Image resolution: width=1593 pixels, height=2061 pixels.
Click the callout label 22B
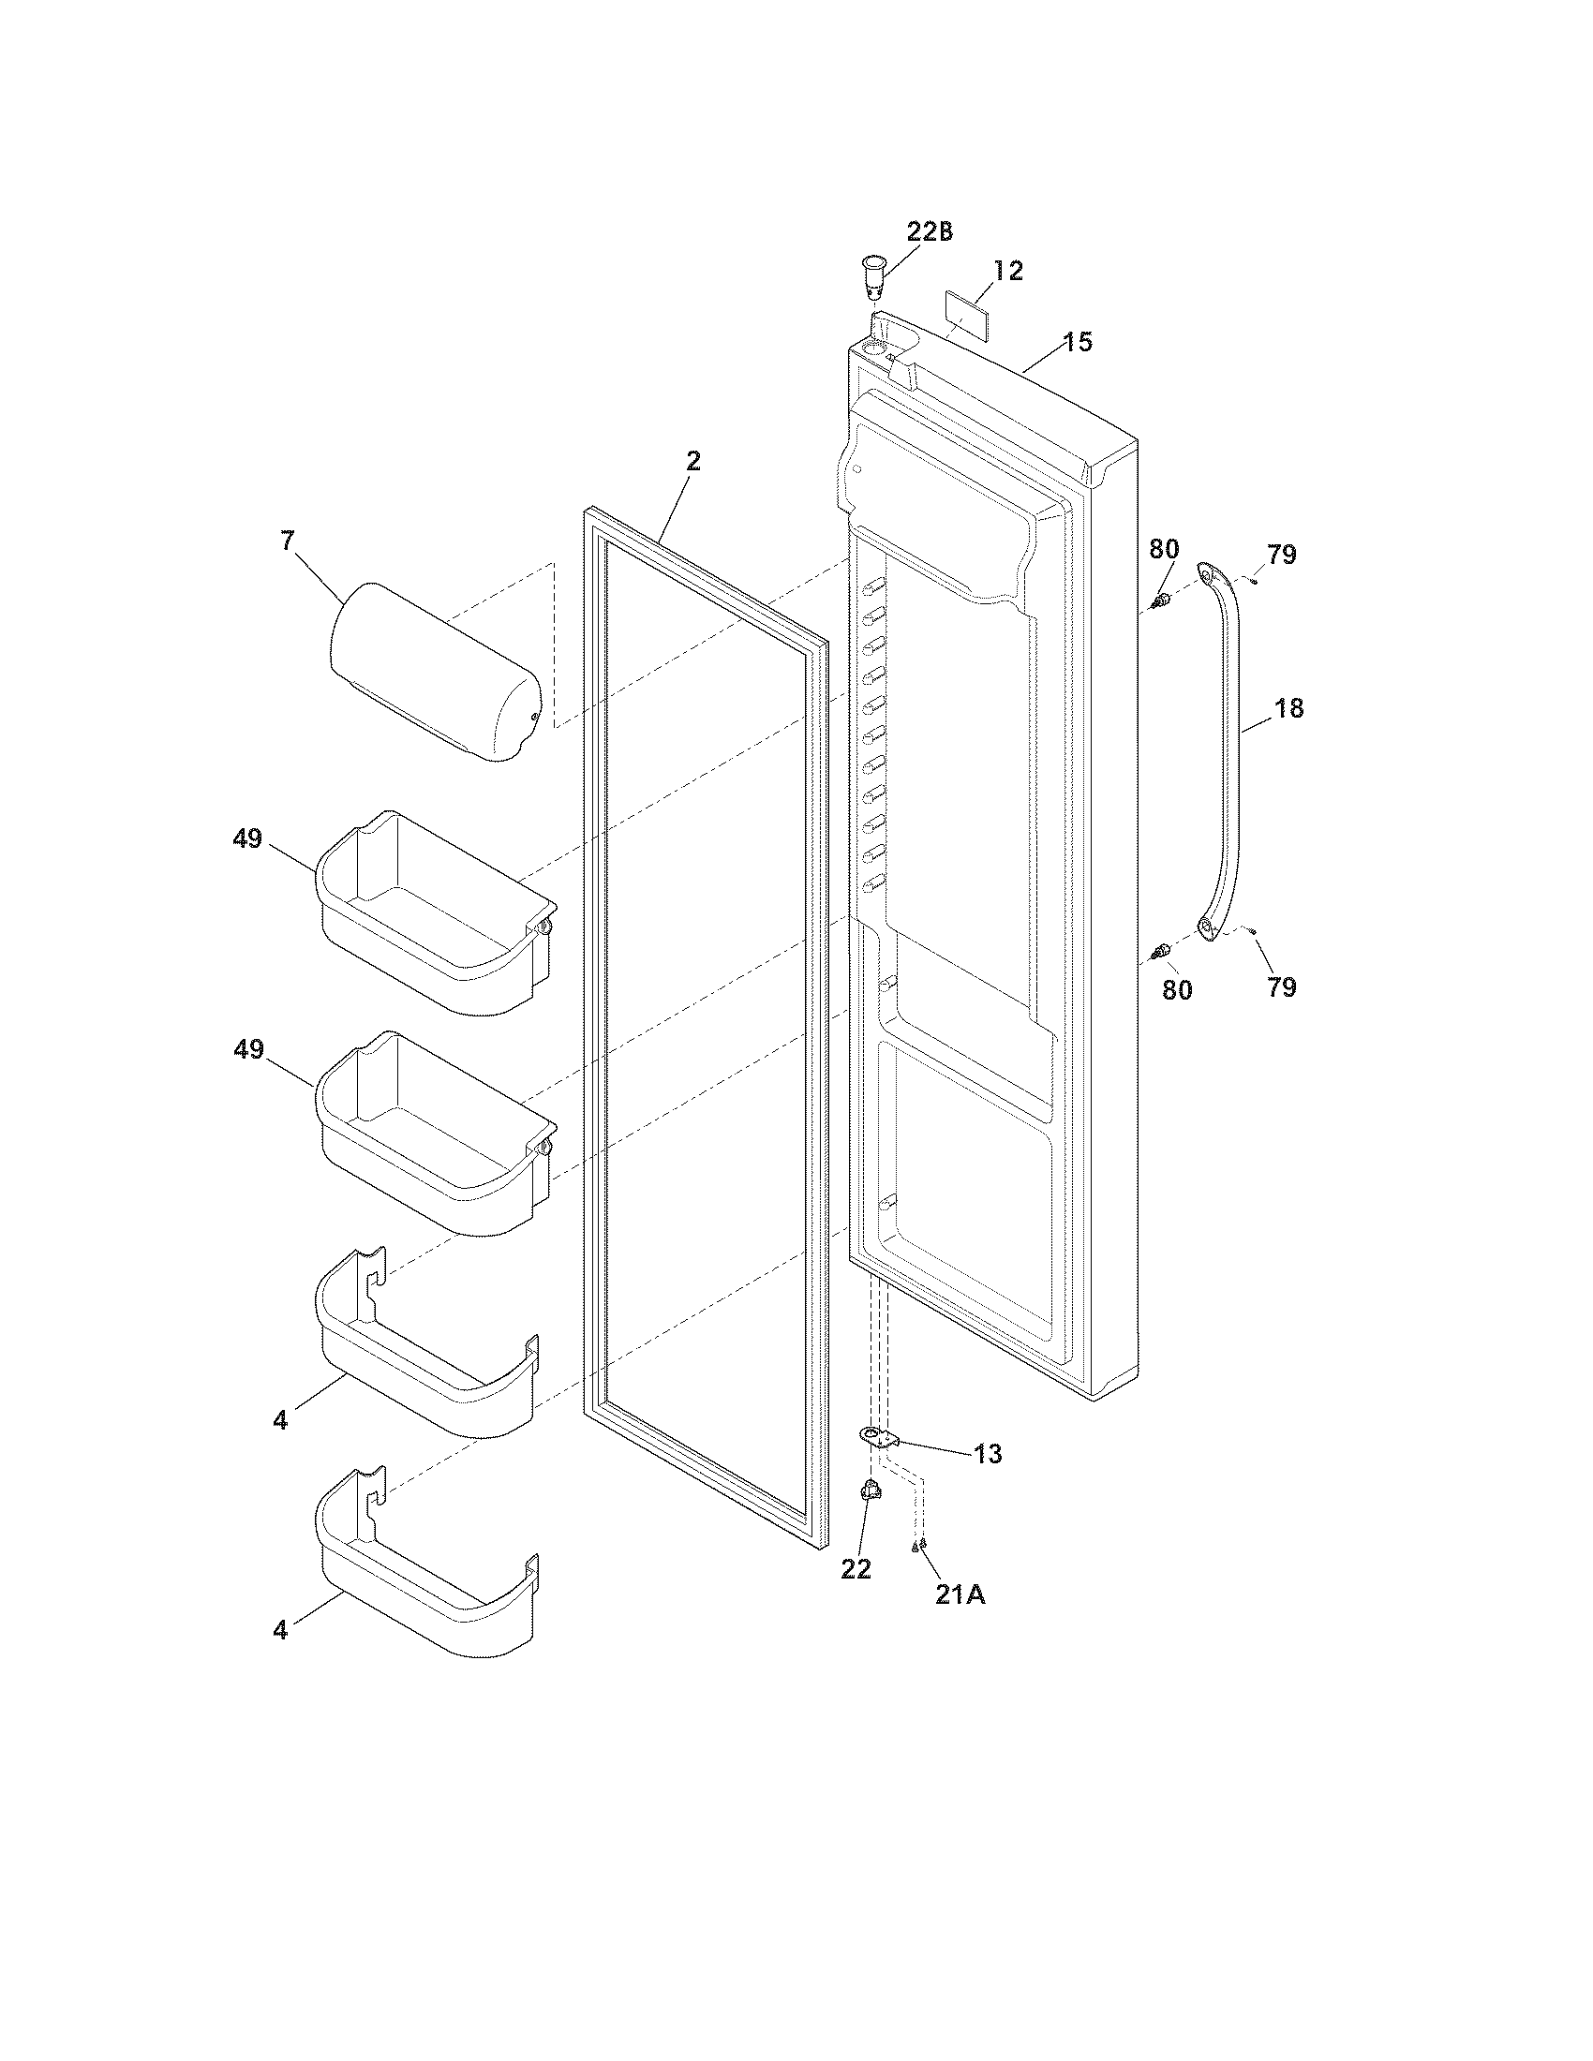pyautogui.click(x=929, y=232)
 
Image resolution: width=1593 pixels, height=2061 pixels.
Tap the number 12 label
pyautogui.click(x=1008, y=271)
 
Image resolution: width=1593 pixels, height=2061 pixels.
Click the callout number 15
pyautogui.click(x=1077, y=342)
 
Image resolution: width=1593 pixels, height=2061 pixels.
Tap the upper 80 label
pyautogui.click(x=1164, y=548)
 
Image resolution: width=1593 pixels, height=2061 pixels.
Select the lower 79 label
pyautogui.click(x=1281, y=987)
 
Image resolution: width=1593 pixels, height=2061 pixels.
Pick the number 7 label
pyautogui.click(x=287, y=541)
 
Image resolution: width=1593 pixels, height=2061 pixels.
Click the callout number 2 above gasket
pyautogui.click(x=692, y=462)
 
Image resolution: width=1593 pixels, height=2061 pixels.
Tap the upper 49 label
pyautogui.click(x=247, y=837)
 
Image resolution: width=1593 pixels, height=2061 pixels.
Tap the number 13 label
pyautogui.click(x=987, y=1454)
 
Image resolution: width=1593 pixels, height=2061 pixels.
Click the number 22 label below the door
pyautogui.click(x=856, y=1568)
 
